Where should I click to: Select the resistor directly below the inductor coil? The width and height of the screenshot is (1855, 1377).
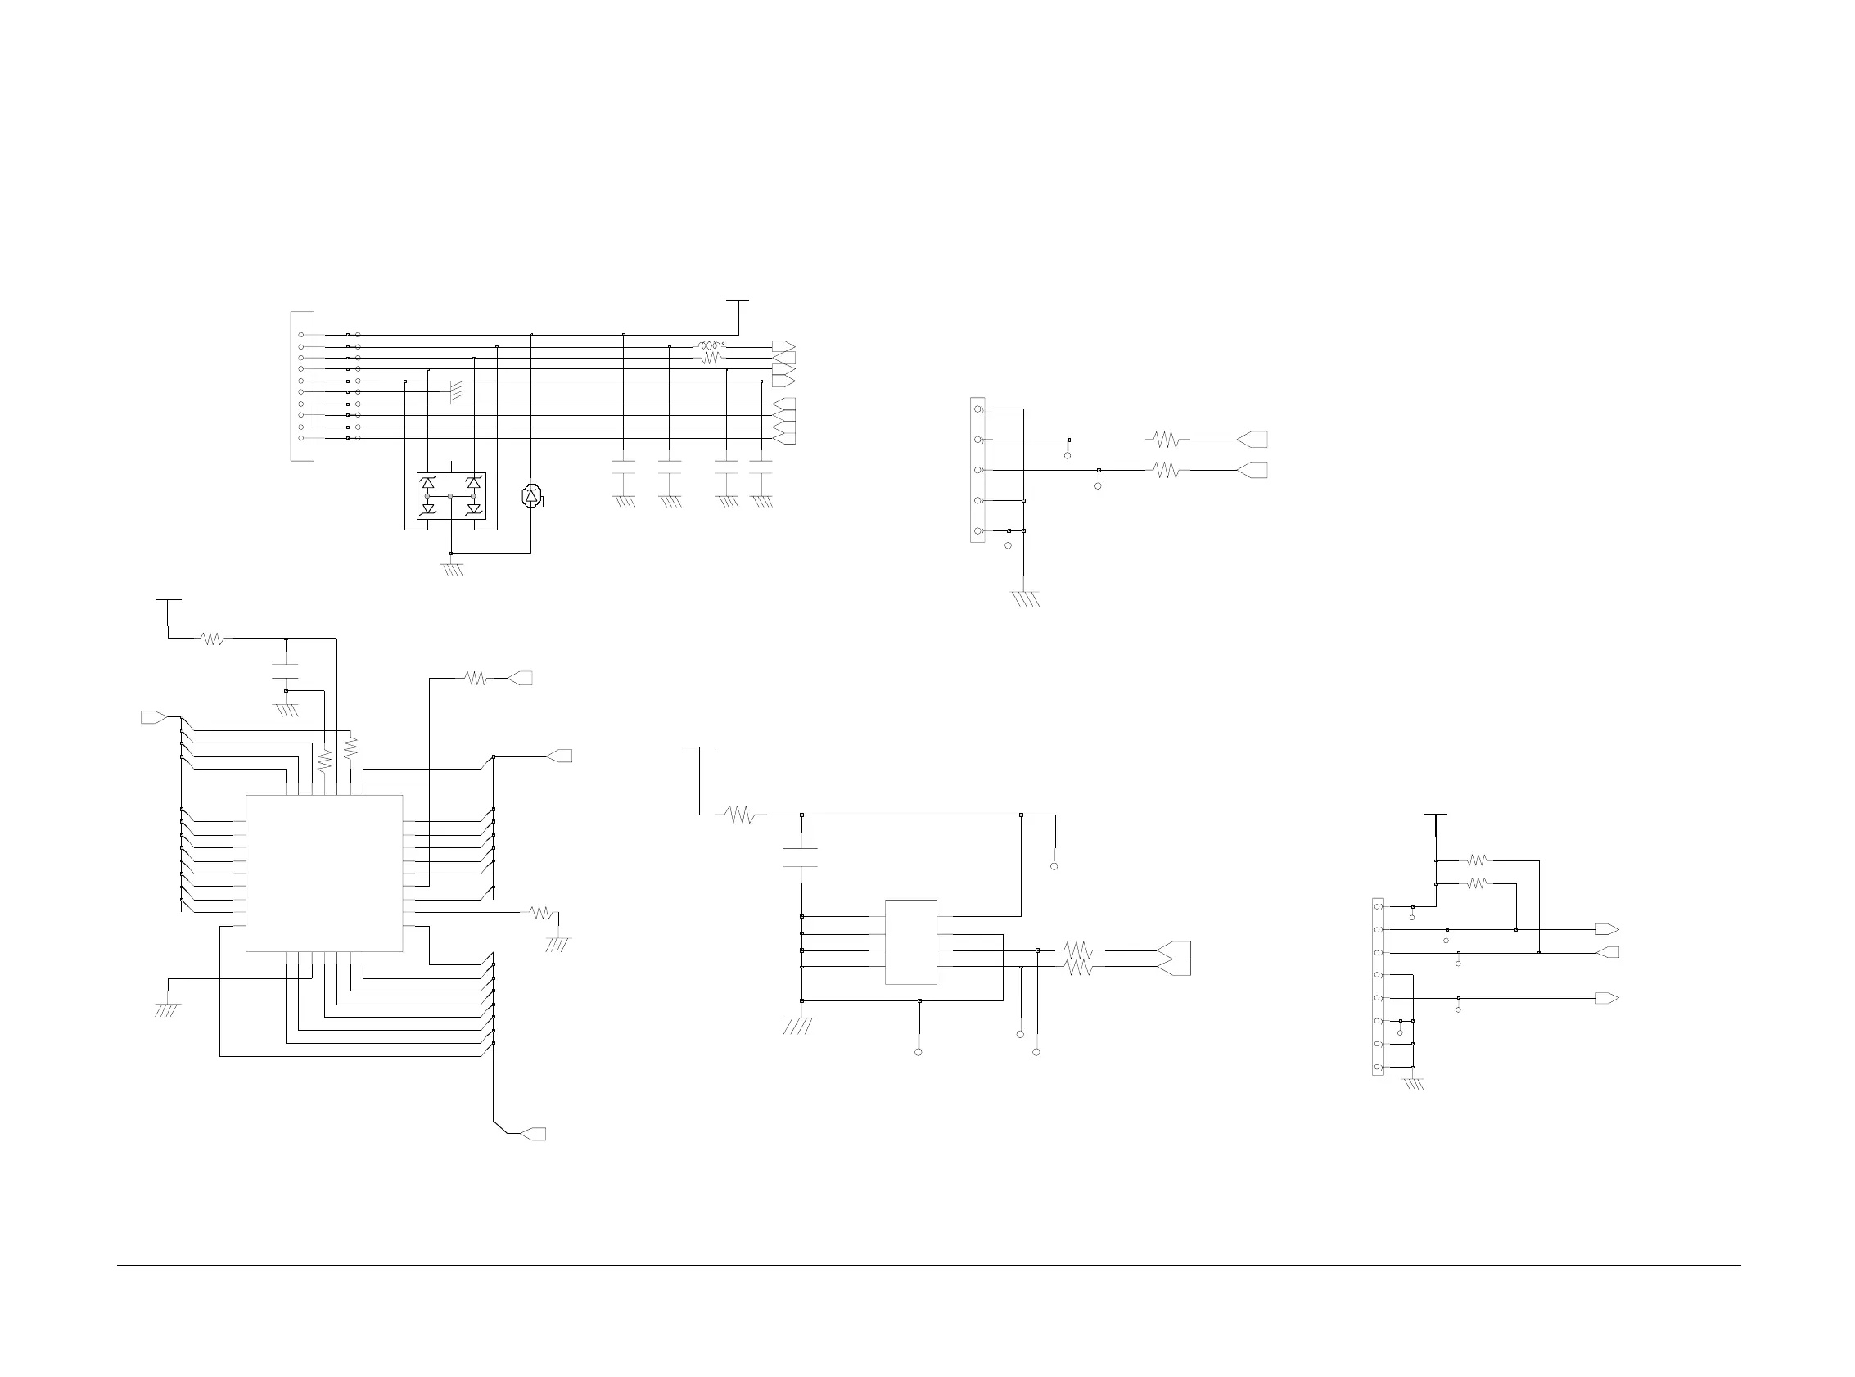[x=710, y=358]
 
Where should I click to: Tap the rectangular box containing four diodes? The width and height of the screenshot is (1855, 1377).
[x=451, y=496]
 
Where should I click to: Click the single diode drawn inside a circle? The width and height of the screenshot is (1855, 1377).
[x=530, y=496]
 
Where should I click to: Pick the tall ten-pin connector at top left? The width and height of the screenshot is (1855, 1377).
[x=302, y=386]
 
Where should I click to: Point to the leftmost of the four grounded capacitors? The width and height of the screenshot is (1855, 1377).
[x=623, y=467]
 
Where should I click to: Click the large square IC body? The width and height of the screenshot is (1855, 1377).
[x=324, y=873]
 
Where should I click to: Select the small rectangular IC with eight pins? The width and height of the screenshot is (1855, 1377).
[x=910, y=942]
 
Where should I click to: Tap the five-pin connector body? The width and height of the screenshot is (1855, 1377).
[x=977, y=470]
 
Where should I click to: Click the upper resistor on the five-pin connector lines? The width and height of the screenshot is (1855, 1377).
[x=1167, y=440]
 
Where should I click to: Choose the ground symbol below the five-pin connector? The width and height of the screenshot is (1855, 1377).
[x=1024, y=598]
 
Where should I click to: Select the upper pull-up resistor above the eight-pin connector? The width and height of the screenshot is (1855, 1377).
[x=1477, y=860]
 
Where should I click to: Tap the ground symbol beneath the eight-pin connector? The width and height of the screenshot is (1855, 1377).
[x=1414, y=1084]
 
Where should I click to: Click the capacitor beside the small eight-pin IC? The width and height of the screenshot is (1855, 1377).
[x=801, y=858]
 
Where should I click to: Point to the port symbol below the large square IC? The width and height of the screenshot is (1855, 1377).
[x=532, y=1134]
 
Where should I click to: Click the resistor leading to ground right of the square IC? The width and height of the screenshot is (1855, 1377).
[x=542, y=913]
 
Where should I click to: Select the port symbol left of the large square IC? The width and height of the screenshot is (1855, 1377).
[x=152, y=717]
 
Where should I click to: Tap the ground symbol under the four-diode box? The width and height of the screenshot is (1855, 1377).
[x=452, y=570]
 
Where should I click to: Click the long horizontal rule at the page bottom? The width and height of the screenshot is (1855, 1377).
[x=928, y=1266]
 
